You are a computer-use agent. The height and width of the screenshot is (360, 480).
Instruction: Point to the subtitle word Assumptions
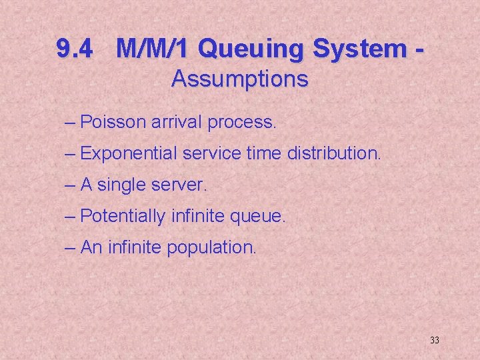tap(239, 79)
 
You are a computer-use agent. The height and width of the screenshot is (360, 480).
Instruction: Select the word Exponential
tap(129, 154)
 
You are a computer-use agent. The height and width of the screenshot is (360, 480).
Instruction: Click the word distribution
tap(334, 153)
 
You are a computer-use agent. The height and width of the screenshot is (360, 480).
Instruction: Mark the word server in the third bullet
tap(185, 185)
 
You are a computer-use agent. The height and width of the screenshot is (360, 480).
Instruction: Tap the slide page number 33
tap(435, 341)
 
